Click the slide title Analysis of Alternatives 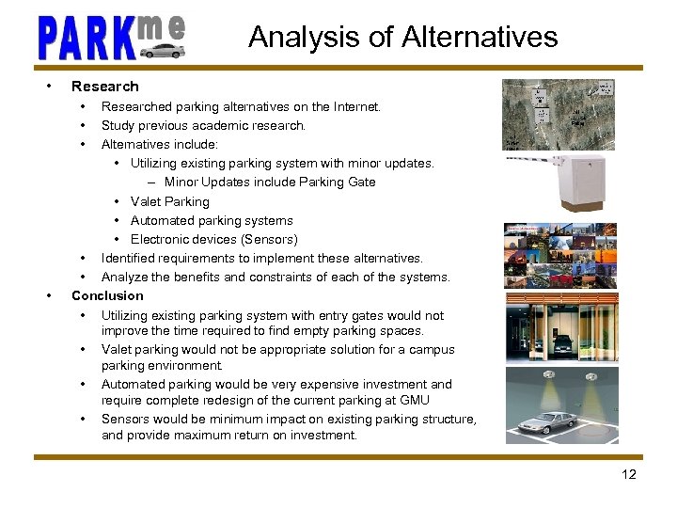click(402, 37)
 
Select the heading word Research click(104, 87)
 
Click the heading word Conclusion click(107, 295)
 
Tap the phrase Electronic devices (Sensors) click(213, 239)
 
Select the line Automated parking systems click(212, 220)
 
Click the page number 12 click(628, 474)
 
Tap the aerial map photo click(559, 113)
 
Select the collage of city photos click(560, 256)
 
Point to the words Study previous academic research click(203, 125)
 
